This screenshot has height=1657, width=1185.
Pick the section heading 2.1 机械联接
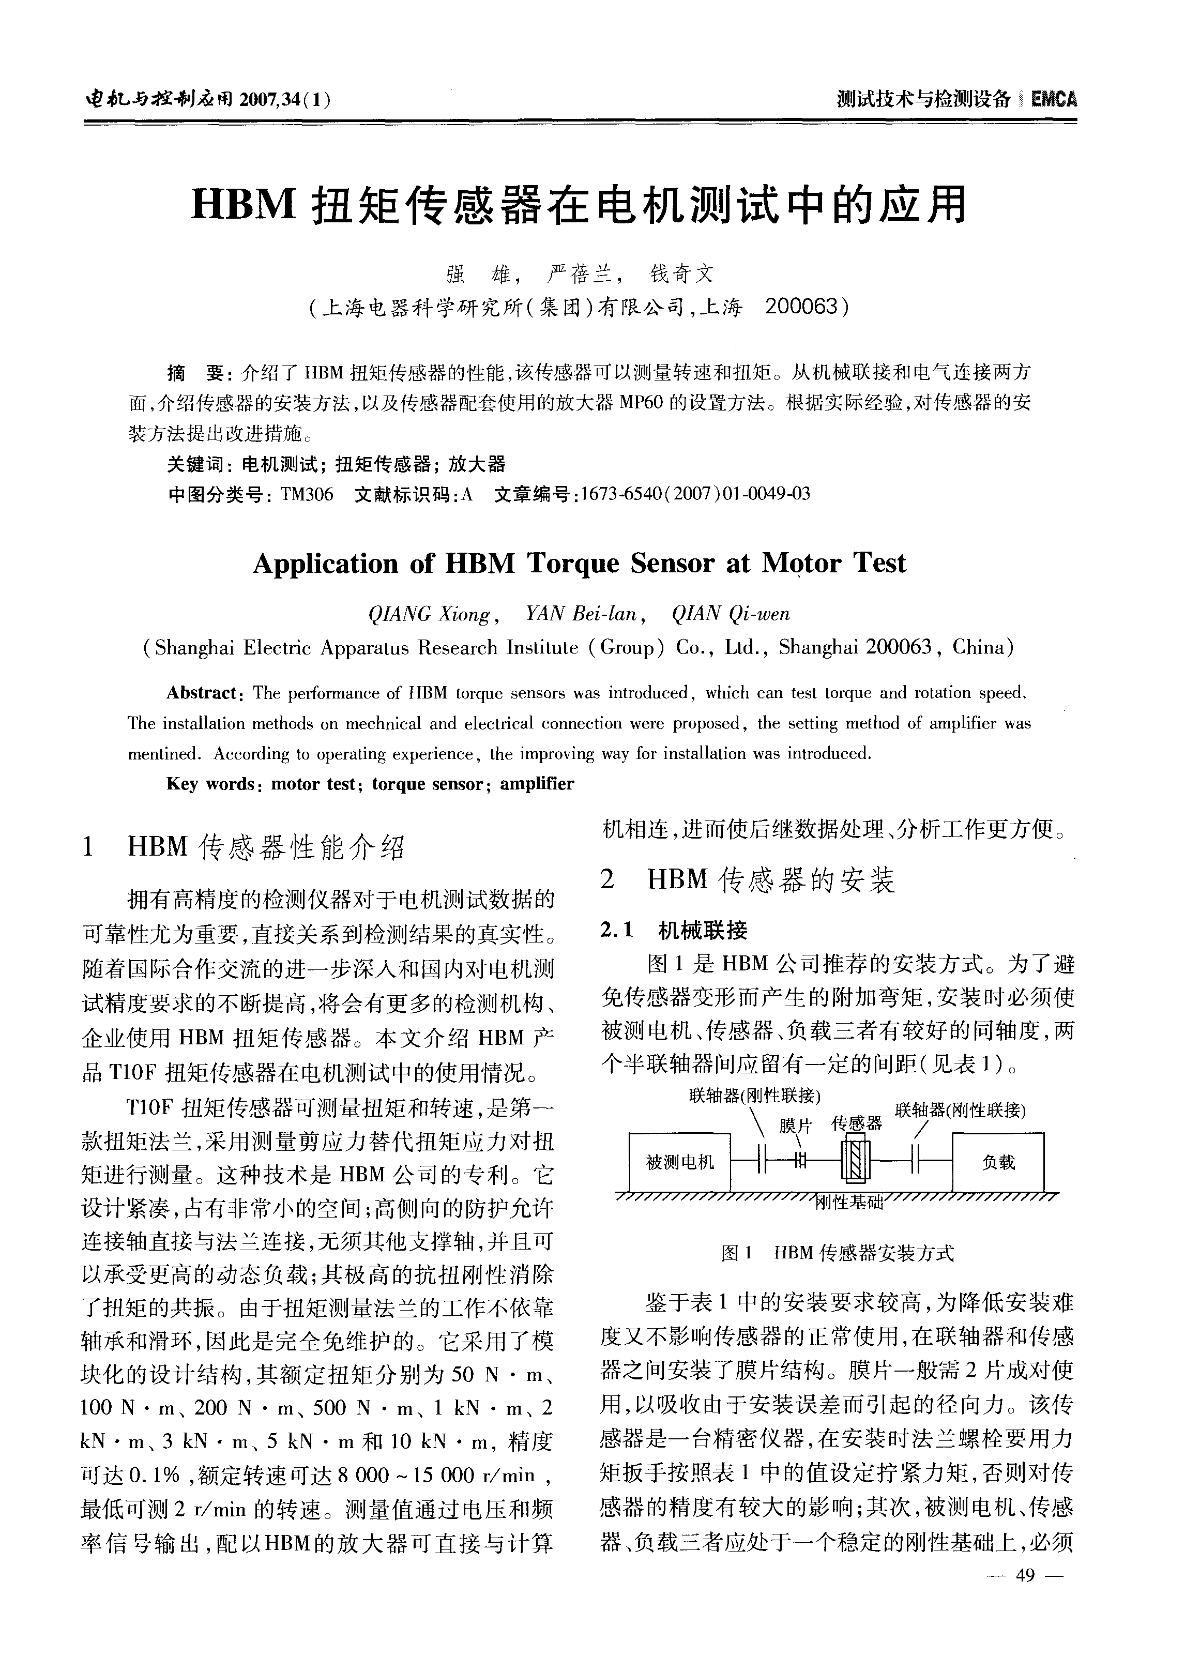click(x=674, y=930)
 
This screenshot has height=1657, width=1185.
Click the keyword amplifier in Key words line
click(x=537, y=784)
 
